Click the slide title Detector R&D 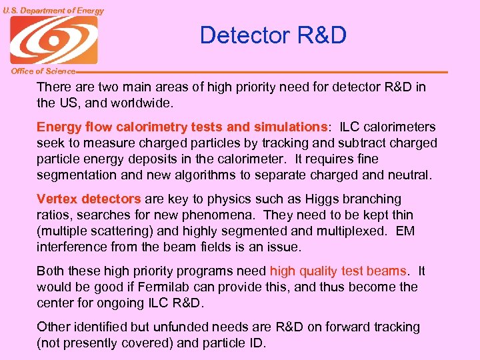273,35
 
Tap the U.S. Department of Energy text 53,10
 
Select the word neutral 408,175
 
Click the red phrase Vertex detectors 89,199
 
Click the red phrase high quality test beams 338,271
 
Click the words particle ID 241,343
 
